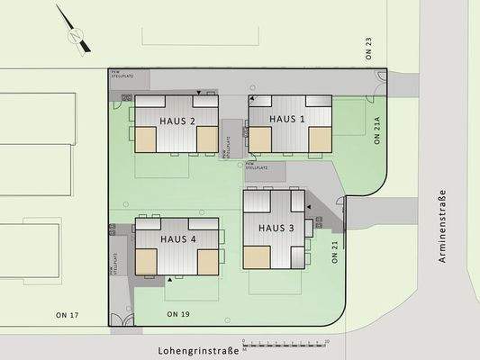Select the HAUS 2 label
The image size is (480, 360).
(x=178, y=121)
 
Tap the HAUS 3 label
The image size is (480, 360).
(x=276, y=228)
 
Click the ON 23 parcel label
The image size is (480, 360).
(x=368, y=48)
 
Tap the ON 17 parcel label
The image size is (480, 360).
(x=68, y=314)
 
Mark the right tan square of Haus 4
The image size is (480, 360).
(x=206, y=261)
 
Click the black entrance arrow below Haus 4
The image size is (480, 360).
(x=170, y=281)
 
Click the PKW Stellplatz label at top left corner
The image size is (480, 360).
(x=121, y=75)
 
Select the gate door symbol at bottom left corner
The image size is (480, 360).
(x=118, y=319)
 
